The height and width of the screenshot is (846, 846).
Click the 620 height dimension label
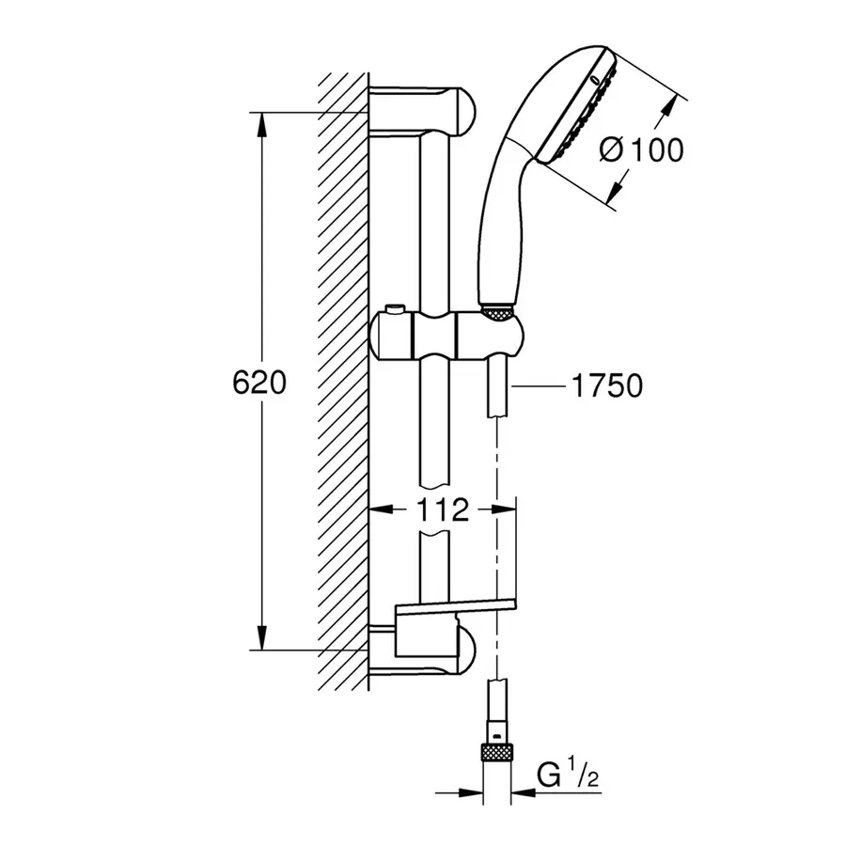pyautogui.click(x=259, y=384)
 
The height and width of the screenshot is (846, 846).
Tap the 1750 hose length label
pyautogui.click(x=607, y=385)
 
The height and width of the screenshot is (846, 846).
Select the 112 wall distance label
pyautogui.click(x=443, y=509)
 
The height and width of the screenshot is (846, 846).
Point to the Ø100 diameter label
pyautogui.click(x=641, y=149)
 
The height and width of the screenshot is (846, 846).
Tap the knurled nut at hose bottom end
pyautogui.click(x=497, y=752)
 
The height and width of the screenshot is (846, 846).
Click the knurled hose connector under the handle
pyautogui.click(x=495, y=313)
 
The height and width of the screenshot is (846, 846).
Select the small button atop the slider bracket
pyautogui.click(x=395, y=309)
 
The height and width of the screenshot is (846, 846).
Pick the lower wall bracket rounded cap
pyautogui.click(x=464, y=651)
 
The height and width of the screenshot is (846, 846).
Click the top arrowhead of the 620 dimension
pyautogui.click(x=261, y=125)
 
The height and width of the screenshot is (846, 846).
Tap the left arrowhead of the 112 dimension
pyautogui.click(x=381, y=509)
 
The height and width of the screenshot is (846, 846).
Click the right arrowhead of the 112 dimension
pyautogui.click(x=504, y=509)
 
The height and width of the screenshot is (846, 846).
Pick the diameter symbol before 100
pyautogui.click(x=612, y=149)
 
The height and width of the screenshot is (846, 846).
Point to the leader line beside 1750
pyautogui.click(x=538, y=385)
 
